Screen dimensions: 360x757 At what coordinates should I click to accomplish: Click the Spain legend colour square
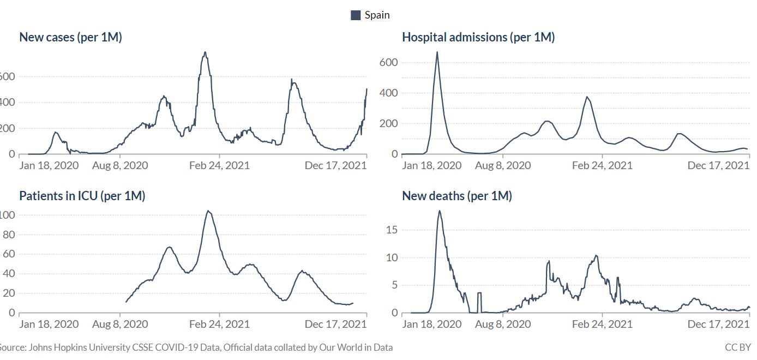[x=356, y=15]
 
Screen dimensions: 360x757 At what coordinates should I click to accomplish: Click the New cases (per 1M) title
[x=70, y=38]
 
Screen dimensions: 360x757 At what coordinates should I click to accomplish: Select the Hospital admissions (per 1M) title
[x=478, y=38]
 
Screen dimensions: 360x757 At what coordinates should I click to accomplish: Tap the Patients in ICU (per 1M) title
[x=82, y=196]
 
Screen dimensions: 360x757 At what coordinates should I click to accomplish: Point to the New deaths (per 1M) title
[x=457, y=196]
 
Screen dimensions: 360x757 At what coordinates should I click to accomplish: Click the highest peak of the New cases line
[x=205, y=52]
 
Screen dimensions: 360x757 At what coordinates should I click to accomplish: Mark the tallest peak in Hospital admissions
[x=437, y=52]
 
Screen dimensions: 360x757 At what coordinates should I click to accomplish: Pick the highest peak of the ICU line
[x=208, y=211]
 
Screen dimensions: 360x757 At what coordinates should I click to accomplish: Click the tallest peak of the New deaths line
[x=440, y=211]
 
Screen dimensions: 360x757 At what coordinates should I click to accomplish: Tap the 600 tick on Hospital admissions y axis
[x=388, y=63]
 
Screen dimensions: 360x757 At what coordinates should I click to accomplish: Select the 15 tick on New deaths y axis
[x=392, y=230]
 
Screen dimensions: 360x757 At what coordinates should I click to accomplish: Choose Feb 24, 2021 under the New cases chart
[x=219, y=165]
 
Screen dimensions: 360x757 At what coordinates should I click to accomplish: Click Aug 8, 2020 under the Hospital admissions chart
[x=503, y=165]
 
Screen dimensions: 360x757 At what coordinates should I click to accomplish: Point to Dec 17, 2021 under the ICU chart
[x=336, y=324]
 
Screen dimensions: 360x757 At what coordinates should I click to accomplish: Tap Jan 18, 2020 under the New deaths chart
[x=432, y=324]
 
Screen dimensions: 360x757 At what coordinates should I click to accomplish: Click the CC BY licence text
[x=738, y=347]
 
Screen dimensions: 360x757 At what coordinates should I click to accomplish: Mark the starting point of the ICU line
[x=126, y=302]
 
